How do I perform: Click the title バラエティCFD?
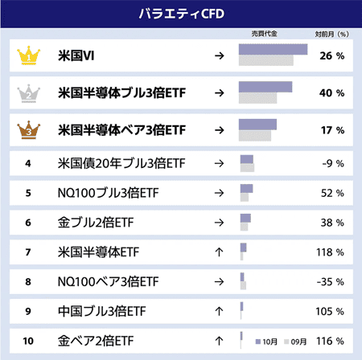(x=180, y=14)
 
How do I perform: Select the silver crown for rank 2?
(x=28, y=92)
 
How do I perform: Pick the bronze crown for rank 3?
(x=28, y=128)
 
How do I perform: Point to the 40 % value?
(x=331, y=92)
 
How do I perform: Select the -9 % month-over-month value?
(x=331, y=163)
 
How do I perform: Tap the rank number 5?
(x=28, y=193)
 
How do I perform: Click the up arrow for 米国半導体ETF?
(x=219, y=252)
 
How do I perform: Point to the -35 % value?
(x=331, y=282)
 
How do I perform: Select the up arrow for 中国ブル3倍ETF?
(x=219, y=311)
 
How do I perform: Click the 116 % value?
(x=331, y=341)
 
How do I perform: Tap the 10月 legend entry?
(x=267, y=342)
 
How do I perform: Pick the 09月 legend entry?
(x=295, y=342)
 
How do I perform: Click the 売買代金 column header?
(x=264, y=34)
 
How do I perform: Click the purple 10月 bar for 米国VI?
(x=274, y=50)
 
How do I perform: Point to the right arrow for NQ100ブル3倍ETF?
(x=219, y=193)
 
